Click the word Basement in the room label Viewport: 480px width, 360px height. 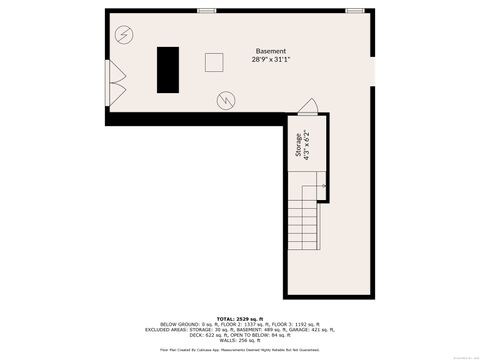[x=270, y=51]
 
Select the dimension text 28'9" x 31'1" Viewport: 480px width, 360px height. [x=270, y=59]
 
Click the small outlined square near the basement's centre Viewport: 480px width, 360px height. [x=215, y=62]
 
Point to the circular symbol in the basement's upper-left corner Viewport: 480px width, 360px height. [x=123, y=35]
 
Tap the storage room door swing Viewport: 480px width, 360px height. [x=308, y=107]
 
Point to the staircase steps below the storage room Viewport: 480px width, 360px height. [x=303, y=225]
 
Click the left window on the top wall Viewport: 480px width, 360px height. [x=207, y=11]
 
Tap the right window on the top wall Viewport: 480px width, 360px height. [x=354, y=11]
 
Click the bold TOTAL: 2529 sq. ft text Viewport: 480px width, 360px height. [x=239, y=317]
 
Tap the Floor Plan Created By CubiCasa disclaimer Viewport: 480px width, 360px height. [x=240, y=351]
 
